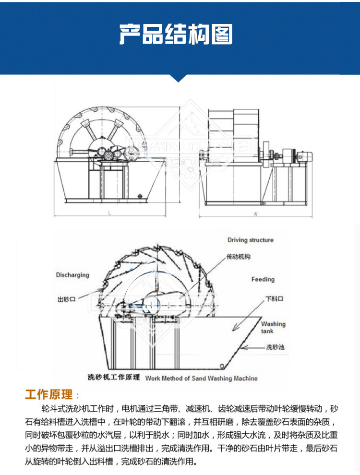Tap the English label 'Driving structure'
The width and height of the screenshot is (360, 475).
click(x=250, y=240)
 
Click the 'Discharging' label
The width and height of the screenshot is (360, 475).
click(x=72, y=275)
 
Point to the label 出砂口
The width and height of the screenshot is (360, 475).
click(x=67, y=299)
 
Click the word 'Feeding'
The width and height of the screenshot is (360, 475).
click(x=263, y=279)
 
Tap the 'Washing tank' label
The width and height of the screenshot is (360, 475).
click(x=273, y=327)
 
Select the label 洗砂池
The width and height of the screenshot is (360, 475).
click(x=275, y=346)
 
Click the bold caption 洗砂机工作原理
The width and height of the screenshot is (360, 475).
click(x=114, y=377)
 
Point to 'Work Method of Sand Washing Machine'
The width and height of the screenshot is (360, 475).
click(x=201, y=378)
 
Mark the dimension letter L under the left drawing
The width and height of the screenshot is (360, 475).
click(x=109, y=213)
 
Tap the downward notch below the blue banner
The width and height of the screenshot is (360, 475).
click(x=180, y=79)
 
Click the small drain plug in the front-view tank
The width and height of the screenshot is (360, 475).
click(x=140, y=195)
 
